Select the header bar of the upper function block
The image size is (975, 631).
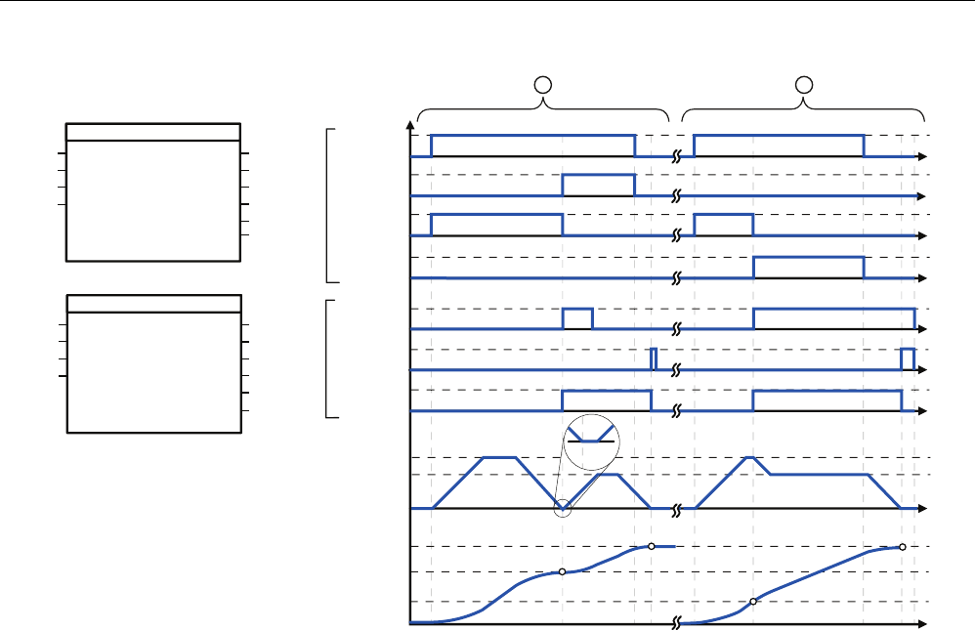[x=153, y=132]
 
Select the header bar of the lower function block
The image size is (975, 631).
[x=153, y=302]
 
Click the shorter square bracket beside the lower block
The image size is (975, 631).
[x=329, y=358]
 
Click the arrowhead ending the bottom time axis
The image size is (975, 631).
[x=921, y=622]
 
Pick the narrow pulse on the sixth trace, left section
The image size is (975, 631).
[x=654, y=358]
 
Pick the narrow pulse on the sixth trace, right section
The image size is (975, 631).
[x=908, y=358]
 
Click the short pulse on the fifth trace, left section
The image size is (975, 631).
[x=577, y=318]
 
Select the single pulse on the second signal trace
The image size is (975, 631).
[x=598, y=186]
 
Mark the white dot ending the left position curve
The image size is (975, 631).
[x=651, y=546]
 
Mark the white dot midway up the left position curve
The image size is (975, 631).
[x=562, y=572]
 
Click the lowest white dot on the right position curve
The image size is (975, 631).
[x=753, y=602]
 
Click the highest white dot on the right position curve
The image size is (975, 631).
[x=902, y=547]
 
